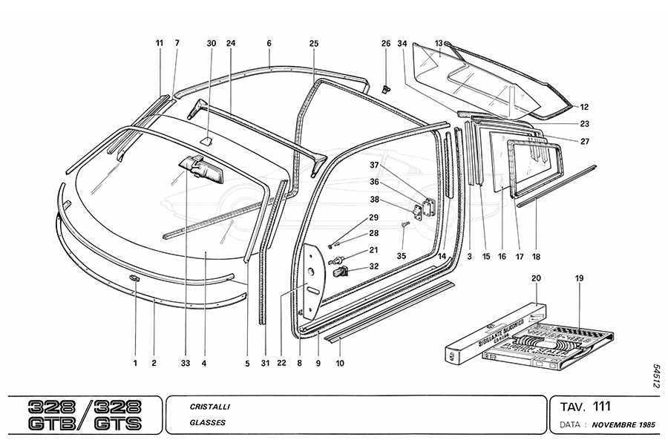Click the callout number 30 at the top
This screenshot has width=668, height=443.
coord(212,44)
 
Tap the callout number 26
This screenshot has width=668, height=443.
coord(386,44)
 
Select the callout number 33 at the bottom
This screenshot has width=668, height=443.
coord(185,364)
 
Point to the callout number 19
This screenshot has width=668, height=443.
coord(579,278)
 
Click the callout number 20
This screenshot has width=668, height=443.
coord(537,278)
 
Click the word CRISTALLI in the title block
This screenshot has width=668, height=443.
coord(209,407)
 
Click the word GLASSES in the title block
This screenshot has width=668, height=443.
coord(208,423)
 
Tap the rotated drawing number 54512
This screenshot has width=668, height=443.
coord(657,375)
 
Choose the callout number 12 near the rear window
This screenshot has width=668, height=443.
coord(584,107)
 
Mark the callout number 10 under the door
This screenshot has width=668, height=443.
coord(340,364)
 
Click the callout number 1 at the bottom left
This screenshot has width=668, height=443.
coord(136,364)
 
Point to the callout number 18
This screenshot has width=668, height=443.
coord(536,257)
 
